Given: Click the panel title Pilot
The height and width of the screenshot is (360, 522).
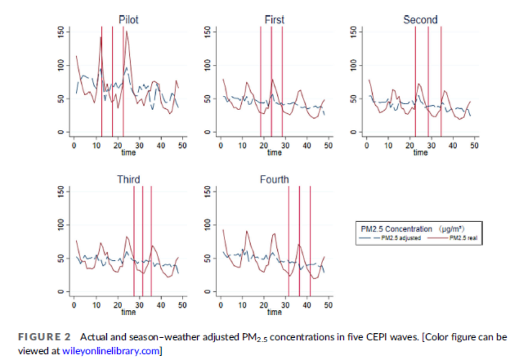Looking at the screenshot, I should [x=128, y=20].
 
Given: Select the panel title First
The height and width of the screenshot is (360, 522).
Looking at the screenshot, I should [x=274, y=20].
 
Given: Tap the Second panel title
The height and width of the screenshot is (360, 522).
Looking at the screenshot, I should [x=420, y=20].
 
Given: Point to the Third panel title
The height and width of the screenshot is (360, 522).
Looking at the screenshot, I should [x=128, y=179].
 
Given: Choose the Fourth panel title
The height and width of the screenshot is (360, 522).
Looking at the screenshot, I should [x=274, y=179].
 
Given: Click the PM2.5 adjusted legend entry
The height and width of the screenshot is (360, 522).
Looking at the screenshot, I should [x=400, y=238].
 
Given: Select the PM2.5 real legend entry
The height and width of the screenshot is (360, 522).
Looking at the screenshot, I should [x=463, y=238].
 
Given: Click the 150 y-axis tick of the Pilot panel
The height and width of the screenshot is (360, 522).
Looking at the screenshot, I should [x=62, y=32].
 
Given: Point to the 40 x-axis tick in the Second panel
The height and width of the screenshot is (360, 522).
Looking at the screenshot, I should [x=453, y=145].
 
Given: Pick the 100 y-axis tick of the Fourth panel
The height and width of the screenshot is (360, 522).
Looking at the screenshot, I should [x=208, y=225].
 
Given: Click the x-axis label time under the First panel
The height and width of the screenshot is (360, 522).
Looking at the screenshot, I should [x=274, y=152].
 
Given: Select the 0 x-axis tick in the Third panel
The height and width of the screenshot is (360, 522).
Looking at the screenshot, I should [x=74, y=305].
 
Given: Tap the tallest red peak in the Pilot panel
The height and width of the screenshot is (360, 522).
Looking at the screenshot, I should [x=126, y=32].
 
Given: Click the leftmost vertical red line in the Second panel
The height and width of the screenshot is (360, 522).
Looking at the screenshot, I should [x=415, y=82].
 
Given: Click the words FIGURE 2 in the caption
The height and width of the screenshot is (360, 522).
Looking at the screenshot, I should [x=41, y=337].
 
